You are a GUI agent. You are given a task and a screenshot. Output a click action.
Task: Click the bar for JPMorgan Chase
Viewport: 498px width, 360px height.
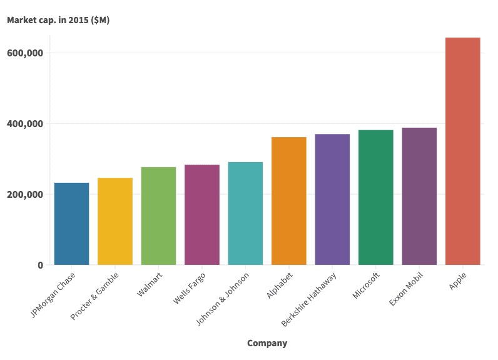click(x=71, y=224)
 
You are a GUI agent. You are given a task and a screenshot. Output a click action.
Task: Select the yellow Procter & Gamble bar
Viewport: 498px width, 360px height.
click(x=115, y=221)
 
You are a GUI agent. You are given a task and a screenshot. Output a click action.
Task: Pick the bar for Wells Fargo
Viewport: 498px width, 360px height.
click(x=202, y=214)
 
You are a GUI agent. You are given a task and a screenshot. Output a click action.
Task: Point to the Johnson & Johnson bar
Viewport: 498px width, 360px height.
click(x=245, y=213)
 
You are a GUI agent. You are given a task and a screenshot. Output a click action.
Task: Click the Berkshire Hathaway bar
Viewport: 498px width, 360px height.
click(x=332, y=199)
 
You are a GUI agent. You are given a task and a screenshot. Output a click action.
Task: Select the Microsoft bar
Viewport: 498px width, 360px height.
click(x=376, y=197)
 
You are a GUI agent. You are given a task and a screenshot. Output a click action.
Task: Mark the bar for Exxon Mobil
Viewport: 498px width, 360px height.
click(x=419, y=196)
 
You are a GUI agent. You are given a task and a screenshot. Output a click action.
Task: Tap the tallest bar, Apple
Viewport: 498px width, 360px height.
click(x=463, y=151)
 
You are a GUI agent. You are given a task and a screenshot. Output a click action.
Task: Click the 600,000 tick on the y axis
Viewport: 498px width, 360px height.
click(x=24, y=53)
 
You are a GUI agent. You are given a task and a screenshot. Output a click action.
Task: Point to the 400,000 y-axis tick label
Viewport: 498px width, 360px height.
click(x=24, y=124)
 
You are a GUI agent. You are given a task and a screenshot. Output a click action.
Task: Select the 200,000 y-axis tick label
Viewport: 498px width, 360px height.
click(x=24, y=195)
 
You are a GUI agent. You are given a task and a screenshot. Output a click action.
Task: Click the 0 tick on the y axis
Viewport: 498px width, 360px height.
click(x=41, y=265)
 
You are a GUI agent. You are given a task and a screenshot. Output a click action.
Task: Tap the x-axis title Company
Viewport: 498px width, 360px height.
click(x=267, y=343)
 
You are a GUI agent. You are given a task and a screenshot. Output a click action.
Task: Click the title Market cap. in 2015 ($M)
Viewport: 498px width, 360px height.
click(x=58, y=20)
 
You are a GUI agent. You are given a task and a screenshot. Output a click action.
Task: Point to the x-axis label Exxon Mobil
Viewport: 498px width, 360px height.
click(x=407, y=289)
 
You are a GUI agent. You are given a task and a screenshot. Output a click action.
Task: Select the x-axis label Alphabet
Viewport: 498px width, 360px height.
click(x=279, y=285)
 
